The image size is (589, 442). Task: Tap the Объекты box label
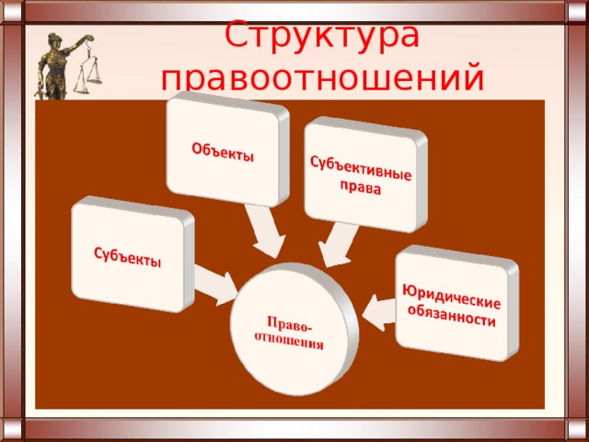click(223, 152)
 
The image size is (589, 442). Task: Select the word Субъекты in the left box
click(127, 257)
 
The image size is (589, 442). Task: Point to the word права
click(361, 187)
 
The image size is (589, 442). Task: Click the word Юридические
click(452, 297)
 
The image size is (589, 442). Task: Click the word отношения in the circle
click(288, 341)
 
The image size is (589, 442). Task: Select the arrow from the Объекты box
click(266, 231)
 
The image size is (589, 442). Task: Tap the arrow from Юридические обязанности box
click(379, 313)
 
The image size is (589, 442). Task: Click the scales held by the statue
click(88, 72)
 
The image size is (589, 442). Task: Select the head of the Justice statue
click(54, 40)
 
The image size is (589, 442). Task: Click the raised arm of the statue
click(78, 43)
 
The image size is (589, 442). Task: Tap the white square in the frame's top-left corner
click(12, 11)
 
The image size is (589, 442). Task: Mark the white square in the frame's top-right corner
click(577, 11)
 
